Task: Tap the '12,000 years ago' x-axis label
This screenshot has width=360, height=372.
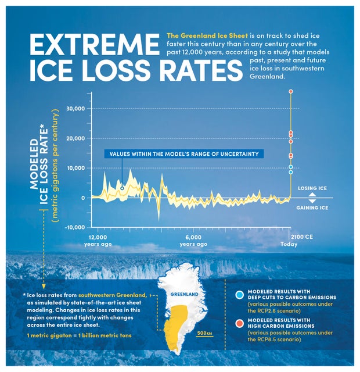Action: tap(99, 241)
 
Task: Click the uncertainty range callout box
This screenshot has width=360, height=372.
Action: tap(184, 154)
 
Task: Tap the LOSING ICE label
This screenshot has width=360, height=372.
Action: tap(312, 189)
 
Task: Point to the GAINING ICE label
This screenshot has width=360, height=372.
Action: tap(312, 208)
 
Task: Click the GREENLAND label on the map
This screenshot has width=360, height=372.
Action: tap(183, 294)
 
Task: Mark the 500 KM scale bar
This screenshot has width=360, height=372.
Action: tap(204, 334)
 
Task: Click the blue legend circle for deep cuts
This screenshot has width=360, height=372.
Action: tap(240, 295)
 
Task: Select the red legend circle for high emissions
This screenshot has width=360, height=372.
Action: tap(240, 323)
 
